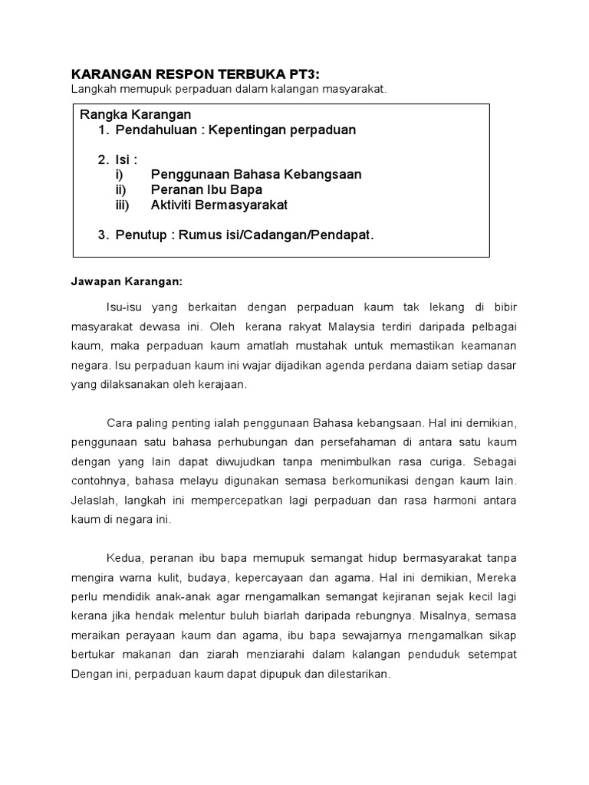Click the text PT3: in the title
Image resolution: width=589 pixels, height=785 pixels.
pos(300,74)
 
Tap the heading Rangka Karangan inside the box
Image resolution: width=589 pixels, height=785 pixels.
pos(135,114)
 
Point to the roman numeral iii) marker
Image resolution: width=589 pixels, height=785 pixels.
pos(122,205)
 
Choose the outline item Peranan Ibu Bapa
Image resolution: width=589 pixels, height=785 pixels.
pos(206,189)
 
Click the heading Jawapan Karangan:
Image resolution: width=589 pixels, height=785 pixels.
pos(127,281)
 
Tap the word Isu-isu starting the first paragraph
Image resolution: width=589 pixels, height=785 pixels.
pos(126,307)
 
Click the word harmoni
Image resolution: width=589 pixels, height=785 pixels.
pos(462,500)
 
